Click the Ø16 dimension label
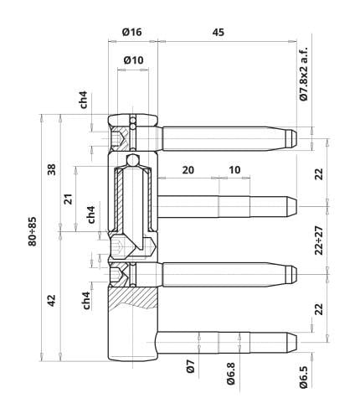coord(132,32)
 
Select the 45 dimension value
coord(218,32)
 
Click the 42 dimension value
coord(52,298)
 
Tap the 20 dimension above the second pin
coord(188,169)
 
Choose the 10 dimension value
coord(234,169)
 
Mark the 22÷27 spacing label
coord(319,241)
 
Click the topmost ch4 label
coord(85,100)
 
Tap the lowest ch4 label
coord(87,302)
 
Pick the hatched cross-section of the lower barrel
coord(134,297)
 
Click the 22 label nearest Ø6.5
coord(319,308)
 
